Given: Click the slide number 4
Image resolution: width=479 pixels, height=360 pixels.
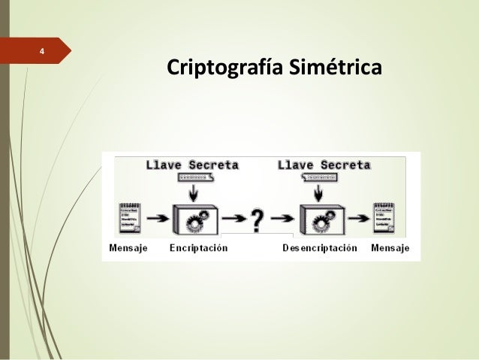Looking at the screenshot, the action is (x=42, y=52).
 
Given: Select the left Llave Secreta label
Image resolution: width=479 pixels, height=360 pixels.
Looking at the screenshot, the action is (x=193, y=165).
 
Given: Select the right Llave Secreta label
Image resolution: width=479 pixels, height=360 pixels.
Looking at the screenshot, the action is (x=324, y=165).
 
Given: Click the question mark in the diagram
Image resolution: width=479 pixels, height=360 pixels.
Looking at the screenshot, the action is (x=257, y=220).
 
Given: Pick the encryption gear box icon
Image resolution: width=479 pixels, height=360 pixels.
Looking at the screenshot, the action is (x=195, y=219).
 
